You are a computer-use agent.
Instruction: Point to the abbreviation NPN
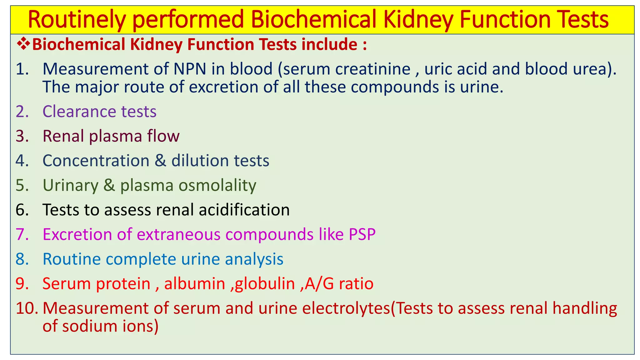(190, 69)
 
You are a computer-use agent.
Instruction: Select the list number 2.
(22, 112)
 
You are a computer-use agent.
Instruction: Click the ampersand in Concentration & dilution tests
(160, 161)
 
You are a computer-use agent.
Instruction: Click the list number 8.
(22, 259)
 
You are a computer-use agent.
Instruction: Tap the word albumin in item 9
(195, 284)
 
